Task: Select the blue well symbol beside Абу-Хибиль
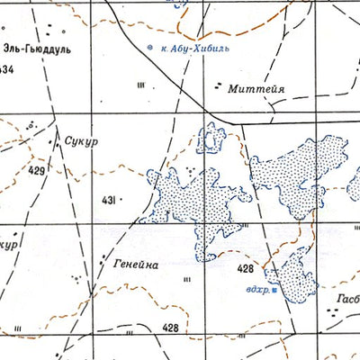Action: pos(149,46)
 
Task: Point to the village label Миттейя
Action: pos(259,90)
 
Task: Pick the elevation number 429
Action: pos(36,169)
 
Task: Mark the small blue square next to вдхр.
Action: pos(274,289)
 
